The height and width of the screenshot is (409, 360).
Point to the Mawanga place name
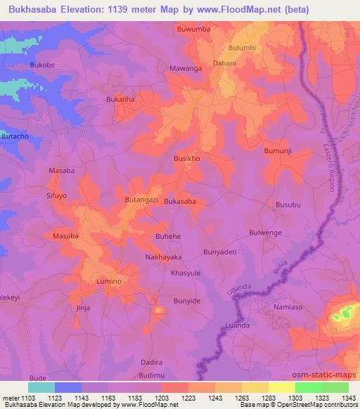click(x=186, y=69)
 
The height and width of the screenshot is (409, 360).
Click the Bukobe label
click(x=42, y=65)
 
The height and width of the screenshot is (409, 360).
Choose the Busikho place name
click(x=187, y=159)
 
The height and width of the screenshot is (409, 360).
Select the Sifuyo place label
click(x=56, y=196)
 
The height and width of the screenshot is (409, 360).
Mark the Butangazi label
click(x=143, y=200)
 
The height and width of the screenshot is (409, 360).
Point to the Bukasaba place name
click(x=179, y=201)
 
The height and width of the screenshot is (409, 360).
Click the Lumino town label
click(x=109, y=281)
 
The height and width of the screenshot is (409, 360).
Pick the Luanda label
click(x=238, y=326)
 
